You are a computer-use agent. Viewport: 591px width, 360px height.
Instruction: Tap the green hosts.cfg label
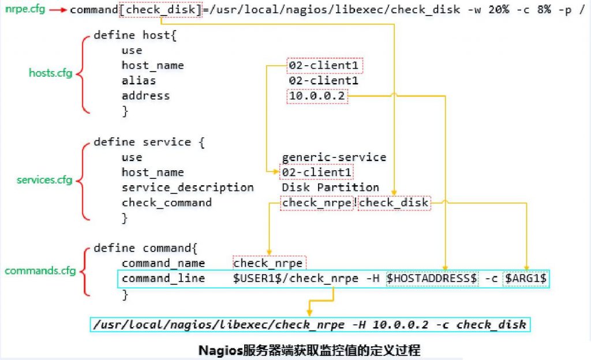click(x=50, y=73)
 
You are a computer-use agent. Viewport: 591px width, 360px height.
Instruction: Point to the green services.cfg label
click(x=44, y=180)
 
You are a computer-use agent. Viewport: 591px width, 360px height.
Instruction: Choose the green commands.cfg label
click(x=40, y=271)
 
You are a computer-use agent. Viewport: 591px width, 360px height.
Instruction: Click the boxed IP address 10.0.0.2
click(x=317, y=96)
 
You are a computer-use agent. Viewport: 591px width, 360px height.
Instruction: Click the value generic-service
click(x=334, y=157)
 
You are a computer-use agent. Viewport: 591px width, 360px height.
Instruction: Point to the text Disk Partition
click(x=330, y=187)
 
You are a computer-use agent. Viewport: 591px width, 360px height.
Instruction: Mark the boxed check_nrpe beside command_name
click(x=268, y=263)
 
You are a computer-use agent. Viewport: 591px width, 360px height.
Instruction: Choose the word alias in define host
click(x=139, y=81)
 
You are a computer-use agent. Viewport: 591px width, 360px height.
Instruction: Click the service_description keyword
click(x=188, y=187)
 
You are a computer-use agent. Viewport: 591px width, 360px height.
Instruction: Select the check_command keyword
click(x=166, y=202)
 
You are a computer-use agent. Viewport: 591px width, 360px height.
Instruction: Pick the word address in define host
click(x=145, y=96)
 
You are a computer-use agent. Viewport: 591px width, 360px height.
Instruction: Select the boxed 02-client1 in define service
click(x=317, y=172)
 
